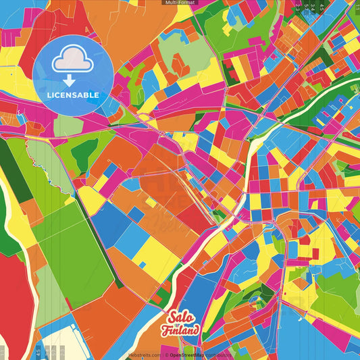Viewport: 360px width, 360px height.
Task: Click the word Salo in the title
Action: (x=181, y=318)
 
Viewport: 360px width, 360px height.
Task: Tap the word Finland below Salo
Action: (x=180, y=330)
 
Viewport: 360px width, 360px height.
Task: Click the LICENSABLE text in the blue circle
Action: (x=72, y=95)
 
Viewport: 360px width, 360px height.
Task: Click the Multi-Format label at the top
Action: (x=180, y=3)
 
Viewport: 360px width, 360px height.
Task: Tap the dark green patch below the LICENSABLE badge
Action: (x=83, y=155)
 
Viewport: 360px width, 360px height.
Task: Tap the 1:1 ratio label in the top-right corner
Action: (x=356, y=6)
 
